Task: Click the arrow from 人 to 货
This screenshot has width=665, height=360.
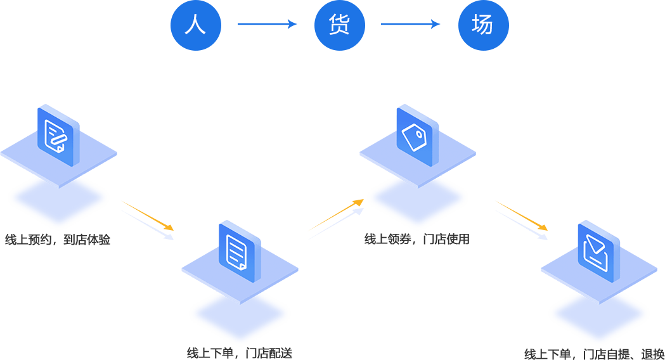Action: click(x=267, y=25)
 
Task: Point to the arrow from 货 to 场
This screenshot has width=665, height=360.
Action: click(x=410, y=25)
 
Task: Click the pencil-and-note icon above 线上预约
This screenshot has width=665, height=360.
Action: click(x=58, y=136)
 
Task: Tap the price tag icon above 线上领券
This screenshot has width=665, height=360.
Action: click(x=417, y=136)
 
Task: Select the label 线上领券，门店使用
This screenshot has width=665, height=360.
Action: click(x=416, y=240)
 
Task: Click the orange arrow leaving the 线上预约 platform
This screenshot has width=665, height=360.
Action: click(x=147, y=215)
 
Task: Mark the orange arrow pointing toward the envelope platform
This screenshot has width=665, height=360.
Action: click(x=521, y=215)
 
